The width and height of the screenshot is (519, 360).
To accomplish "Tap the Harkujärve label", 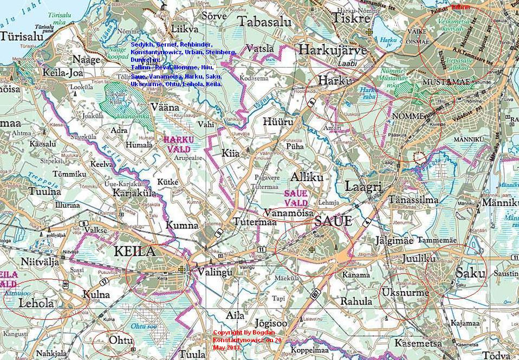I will point(333,50).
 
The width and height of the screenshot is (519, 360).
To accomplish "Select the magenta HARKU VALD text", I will point(178,144).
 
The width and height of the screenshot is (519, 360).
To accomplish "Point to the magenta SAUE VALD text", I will point(296,197).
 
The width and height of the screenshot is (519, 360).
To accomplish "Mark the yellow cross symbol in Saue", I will point(312,249).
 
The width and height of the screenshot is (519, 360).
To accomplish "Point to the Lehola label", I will point(36,303).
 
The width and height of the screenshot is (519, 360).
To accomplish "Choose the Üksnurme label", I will point(404,293).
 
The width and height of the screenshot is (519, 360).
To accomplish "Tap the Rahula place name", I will point(356,301).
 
